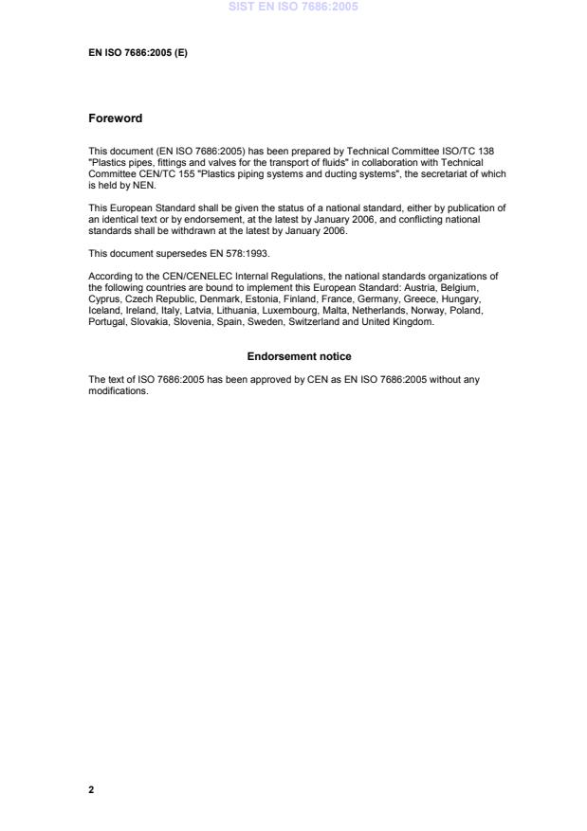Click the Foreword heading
(115, 118)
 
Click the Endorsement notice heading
(299, 356)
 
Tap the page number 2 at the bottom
(91, 788)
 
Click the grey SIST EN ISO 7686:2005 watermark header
(293, 8)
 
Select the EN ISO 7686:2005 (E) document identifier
(138, 53)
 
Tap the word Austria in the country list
(439, 285)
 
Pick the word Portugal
(106, 321)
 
